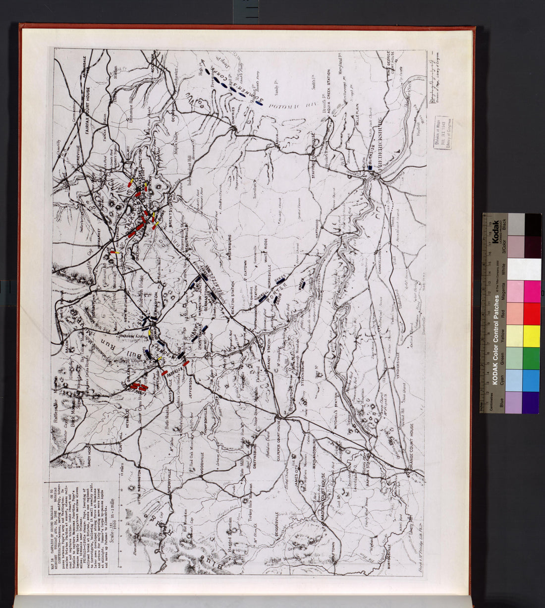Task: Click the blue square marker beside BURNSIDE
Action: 369,169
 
